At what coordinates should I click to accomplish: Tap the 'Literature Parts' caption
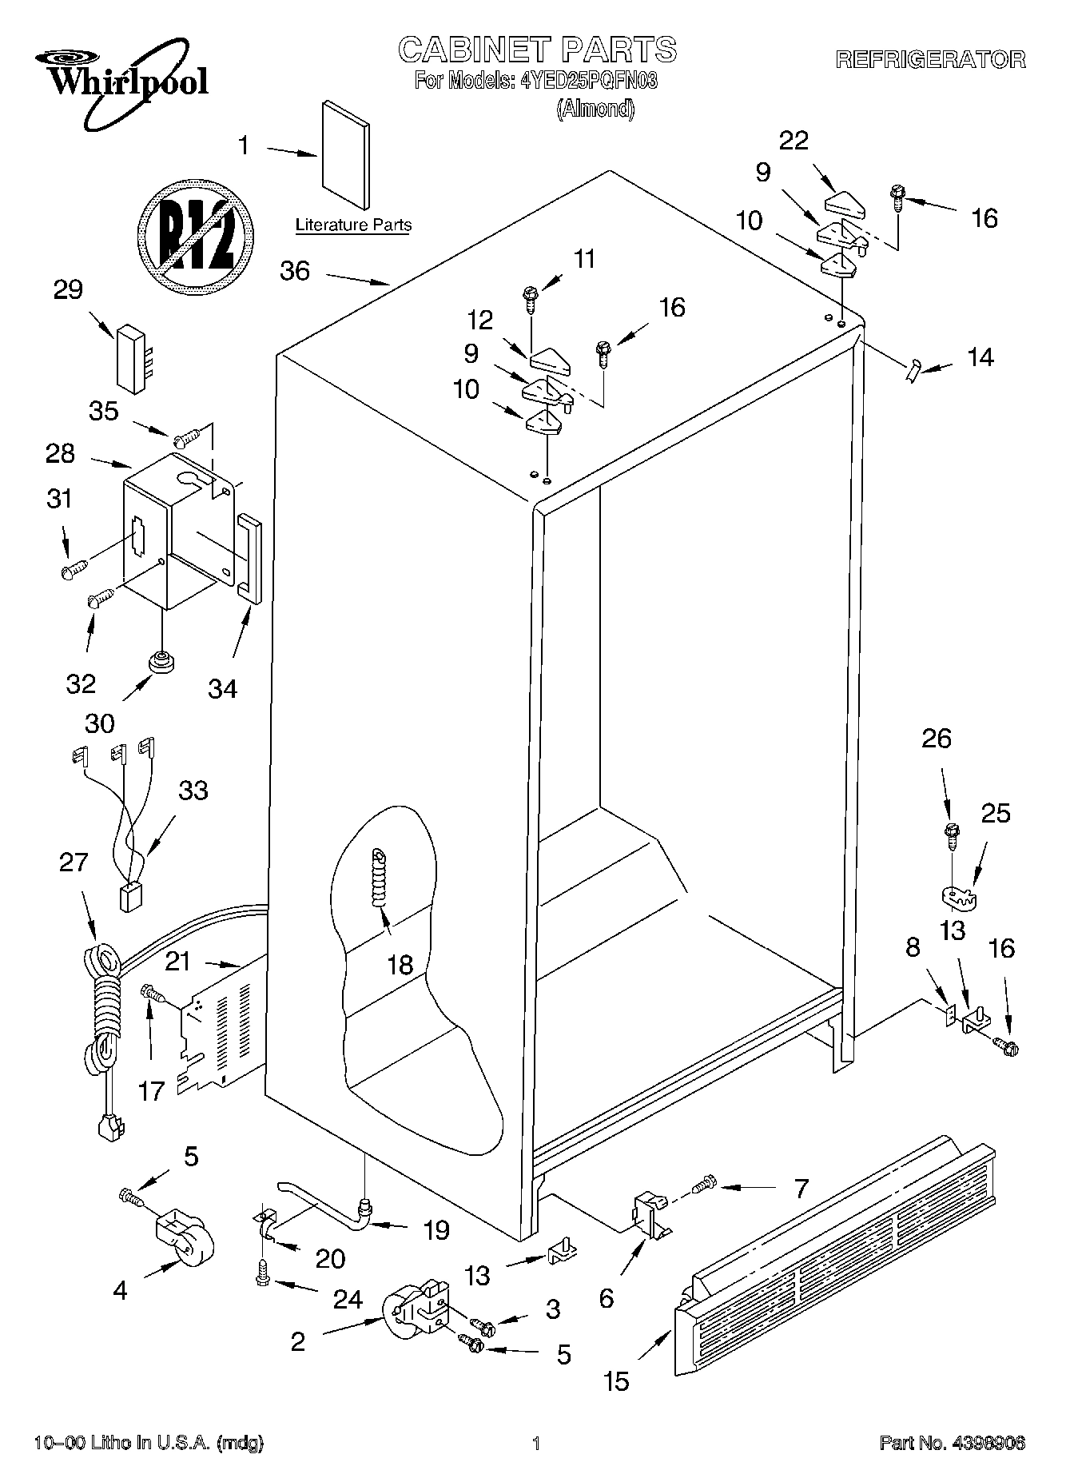click(x=353, y=225)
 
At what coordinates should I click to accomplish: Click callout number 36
click(x=295, y=271)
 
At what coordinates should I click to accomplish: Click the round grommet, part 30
click(x=161, y=663)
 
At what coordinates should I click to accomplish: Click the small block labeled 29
click(x=132, y=358)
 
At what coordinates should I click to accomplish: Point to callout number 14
click(x=980, y=357)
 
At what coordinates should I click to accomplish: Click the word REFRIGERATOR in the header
click(x=930, y=59)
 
